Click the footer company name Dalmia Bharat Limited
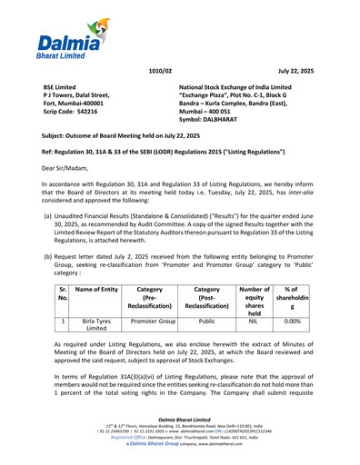[179, 421]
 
